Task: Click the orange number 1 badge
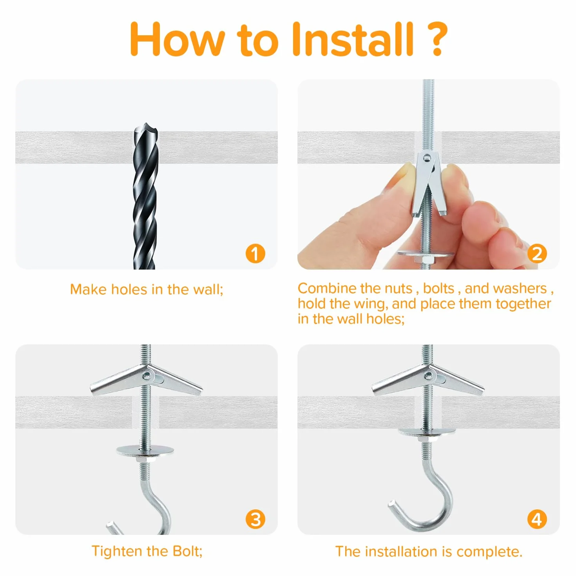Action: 255,254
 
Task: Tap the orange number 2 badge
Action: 537,254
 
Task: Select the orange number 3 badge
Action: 255,519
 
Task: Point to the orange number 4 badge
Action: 537,519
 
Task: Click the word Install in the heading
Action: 353,39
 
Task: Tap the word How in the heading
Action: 177,39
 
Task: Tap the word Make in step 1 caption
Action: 89,289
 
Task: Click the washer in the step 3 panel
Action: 145,449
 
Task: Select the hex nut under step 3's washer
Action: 145,459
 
